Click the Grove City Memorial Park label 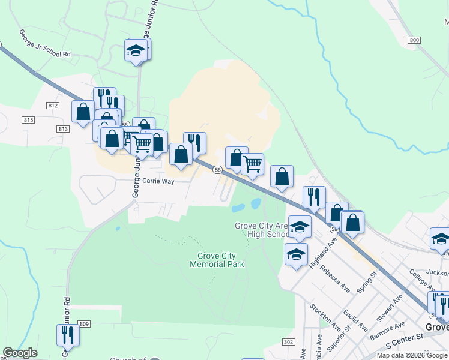click(220, 260)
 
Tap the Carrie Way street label click(158, 181)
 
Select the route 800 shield click(413, 40)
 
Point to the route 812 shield click(52, 106)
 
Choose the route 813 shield click(64, 129)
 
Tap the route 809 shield click(84, 324)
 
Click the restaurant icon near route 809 click(67, 334)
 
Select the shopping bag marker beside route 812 click(82, 111)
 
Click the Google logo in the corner click(20, 353)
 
